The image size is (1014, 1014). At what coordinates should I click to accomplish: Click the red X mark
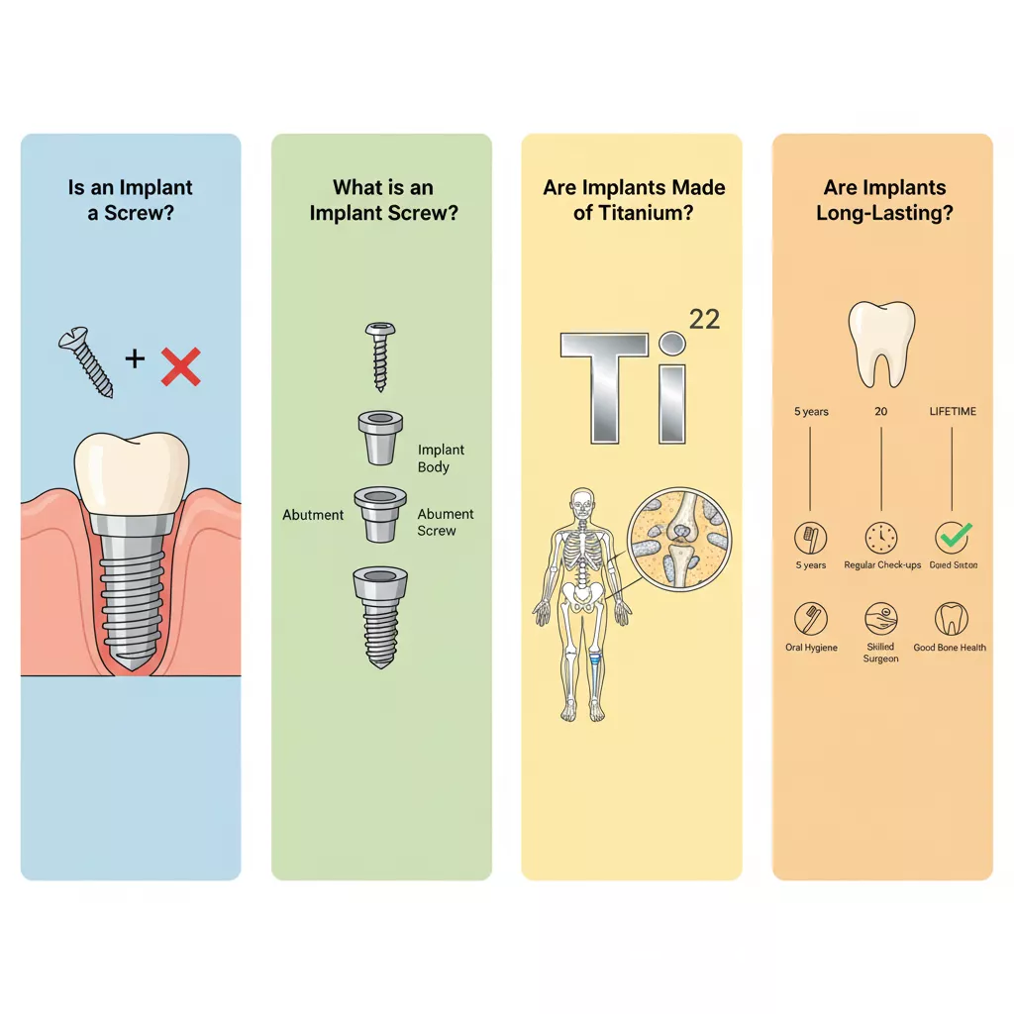click(180, 364)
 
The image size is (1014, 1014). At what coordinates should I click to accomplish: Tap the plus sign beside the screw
click(135, 357)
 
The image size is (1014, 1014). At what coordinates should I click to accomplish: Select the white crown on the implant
click(132, 471)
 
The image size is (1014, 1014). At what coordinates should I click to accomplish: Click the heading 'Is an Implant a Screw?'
click(131, 200)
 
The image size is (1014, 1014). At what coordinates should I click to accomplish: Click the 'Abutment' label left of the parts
click(313, 515)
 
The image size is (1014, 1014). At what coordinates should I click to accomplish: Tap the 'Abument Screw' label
click(445, 523)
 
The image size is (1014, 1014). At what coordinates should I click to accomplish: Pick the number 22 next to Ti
click(704, 318)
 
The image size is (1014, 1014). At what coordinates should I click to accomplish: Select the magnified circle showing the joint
click(678, 539)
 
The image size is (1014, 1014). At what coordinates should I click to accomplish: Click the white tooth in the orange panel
click(880, 343)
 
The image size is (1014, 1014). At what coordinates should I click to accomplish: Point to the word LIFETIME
click(953, 411)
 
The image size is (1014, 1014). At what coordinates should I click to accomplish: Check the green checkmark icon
click(953, 538)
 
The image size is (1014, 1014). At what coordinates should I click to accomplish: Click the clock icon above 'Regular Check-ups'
click(881, 539)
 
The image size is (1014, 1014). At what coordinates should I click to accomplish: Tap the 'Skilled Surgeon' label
click(880, 652)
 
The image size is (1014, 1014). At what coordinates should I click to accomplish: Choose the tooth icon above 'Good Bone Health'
click(951, 619)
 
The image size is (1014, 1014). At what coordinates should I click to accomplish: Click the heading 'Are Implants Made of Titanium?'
click(634, 200)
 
